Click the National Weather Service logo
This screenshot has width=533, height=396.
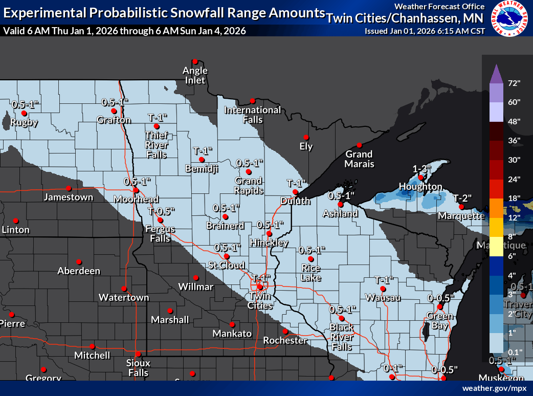[x=509, y=19]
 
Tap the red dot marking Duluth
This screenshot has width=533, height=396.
[x=295, y=192]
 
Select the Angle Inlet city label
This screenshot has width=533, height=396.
[x=195, y=75]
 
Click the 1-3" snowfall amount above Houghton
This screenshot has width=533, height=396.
[x=423, y=168]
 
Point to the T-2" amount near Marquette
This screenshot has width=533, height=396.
[x=462, y=198]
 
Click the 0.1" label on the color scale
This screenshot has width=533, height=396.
[x=514, y=351]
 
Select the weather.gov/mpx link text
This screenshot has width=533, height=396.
[x=494, y=388]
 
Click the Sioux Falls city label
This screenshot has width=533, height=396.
[x=138, y=368]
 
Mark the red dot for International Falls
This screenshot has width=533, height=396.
[x=252, y=101]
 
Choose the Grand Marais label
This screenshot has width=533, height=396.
[x=359, y=159]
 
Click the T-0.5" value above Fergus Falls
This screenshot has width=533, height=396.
[x=162, y=211]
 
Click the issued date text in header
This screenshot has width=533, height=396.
[x=425, y=31]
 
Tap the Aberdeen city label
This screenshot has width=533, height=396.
[x=79, y=271]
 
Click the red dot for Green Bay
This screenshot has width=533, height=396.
[x=440, y=307]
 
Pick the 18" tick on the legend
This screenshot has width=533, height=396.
[x=514, y=198]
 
